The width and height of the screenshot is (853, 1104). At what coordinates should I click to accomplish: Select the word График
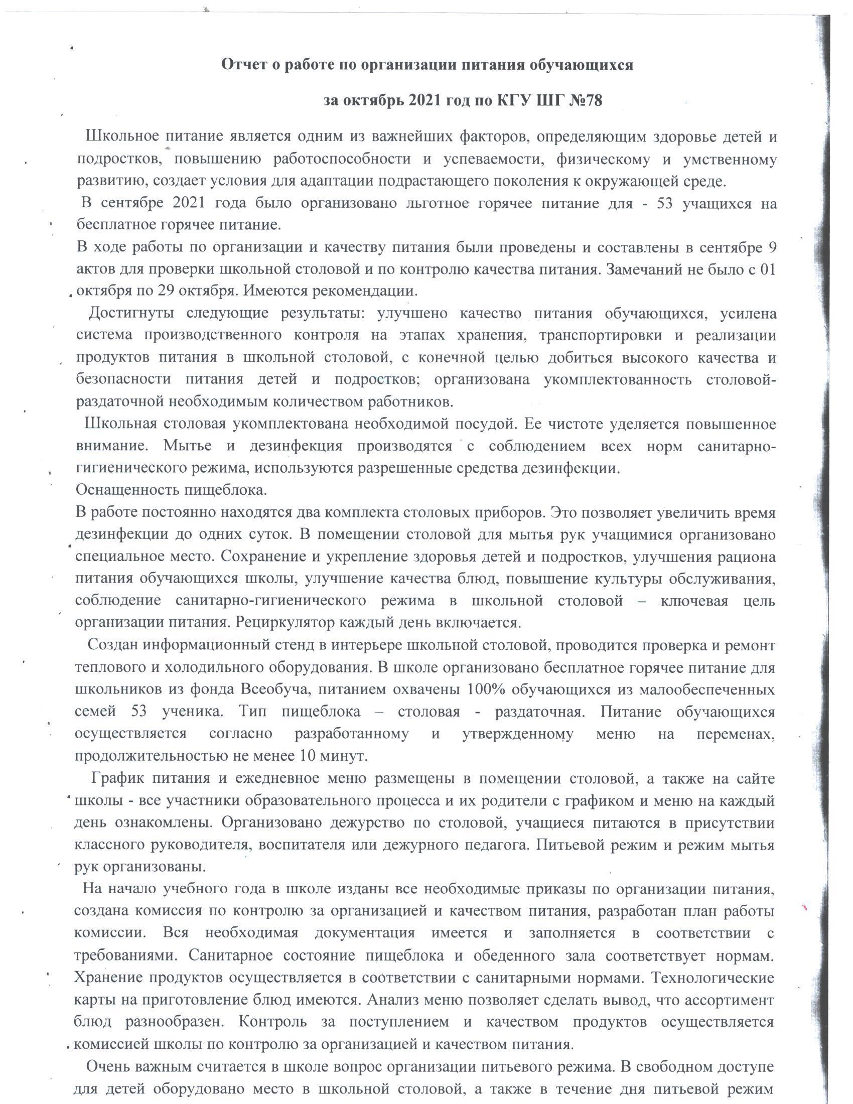[x=117, y=778]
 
